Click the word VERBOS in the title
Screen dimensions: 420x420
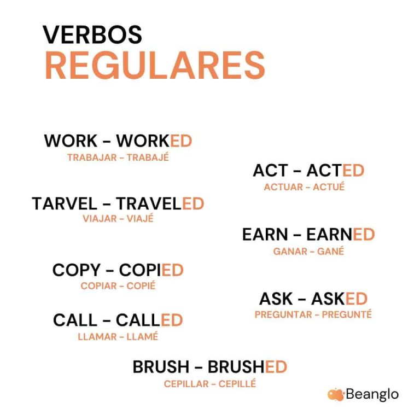92,34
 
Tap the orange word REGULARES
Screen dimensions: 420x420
155,66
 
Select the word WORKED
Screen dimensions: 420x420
154,141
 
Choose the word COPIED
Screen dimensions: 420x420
151,270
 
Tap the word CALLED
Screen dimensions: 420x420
149,320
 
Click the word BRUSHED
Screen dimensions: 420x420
247,367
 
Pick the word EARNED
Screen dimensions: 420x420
340,235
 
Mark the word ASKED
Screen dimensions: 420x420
339,299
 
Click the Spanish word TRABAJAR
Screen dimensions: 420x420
92,157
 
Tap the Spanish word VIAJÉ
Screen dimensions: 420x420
140,219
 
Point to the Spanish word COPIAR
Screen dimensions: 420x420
99,286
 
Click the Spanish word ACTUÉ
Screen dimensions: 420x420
329,187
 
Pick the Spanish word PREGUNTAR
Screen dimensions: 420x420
284,314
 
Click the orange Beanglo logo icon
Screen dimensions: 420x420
335,394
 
